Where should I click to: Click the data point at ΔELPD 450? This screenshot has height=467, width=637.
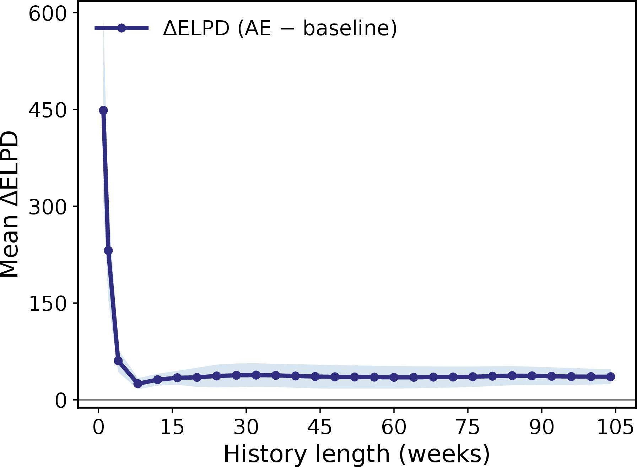pyautogui.click(x=103, y=110)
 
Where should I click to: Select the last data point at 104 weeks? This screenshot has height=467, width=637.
pyautogui.click(x=610, y=376)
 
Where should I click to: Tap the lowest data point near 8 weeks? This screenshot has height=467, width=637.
pyautogui.click(x=138, y=384)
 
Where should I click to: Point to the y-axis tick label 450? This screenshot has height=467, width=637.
pyautogui.click(x=48, y=110)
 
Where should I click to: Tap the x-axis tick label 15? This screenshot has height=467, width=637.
pyautogui.click(x=172, y=427)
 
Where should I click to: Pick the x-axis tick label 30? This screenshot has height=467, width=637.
pyautogui.click(x=246, y=427)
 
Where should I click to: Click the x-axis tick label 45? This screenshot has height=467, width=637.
pyautogui.click(x=320, y=427)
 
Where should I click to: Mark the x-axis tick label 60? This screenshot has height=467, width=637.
pyautogui.click(x=394, y=427)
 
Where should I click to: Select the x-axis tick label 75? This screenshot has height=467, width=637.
pyautogui.click(x=468, y=427)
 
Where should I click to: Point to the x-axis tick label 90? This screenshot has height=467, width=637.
pyautogui.click(x=541, y=427)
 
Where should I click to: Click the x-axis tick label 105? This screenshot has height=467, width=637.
pyautogui.click(x=615, y=427)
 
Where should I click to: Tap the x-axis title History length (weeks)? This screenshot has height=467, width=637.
pyautogui.click(x=357, y=454)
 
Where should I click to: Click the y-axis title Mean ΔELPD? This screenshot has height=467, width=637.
pyautogui.click(x=9, y=205)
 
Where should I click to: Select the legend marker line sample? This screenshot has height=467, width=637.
pyautogui.click(x=122, y=28)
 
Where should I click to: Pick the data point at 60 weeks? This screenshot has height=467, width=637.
pyautogui.click(x=394, y=377)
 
